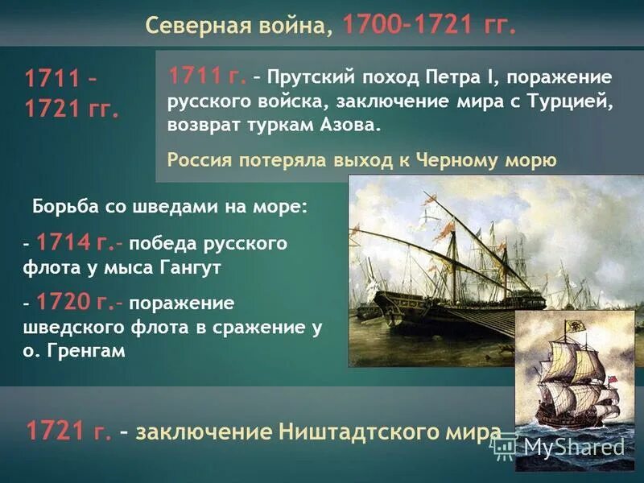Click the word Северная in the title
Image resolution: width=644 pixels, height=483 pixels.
coord(192,26)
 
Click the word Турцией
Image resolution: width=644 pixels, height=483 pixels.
coord(569,103)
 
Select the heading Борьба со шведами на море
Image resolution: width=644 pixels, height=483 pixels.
coord(170,206)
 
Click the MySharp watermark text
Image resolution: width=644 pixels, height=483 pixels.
coord(573,448)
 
